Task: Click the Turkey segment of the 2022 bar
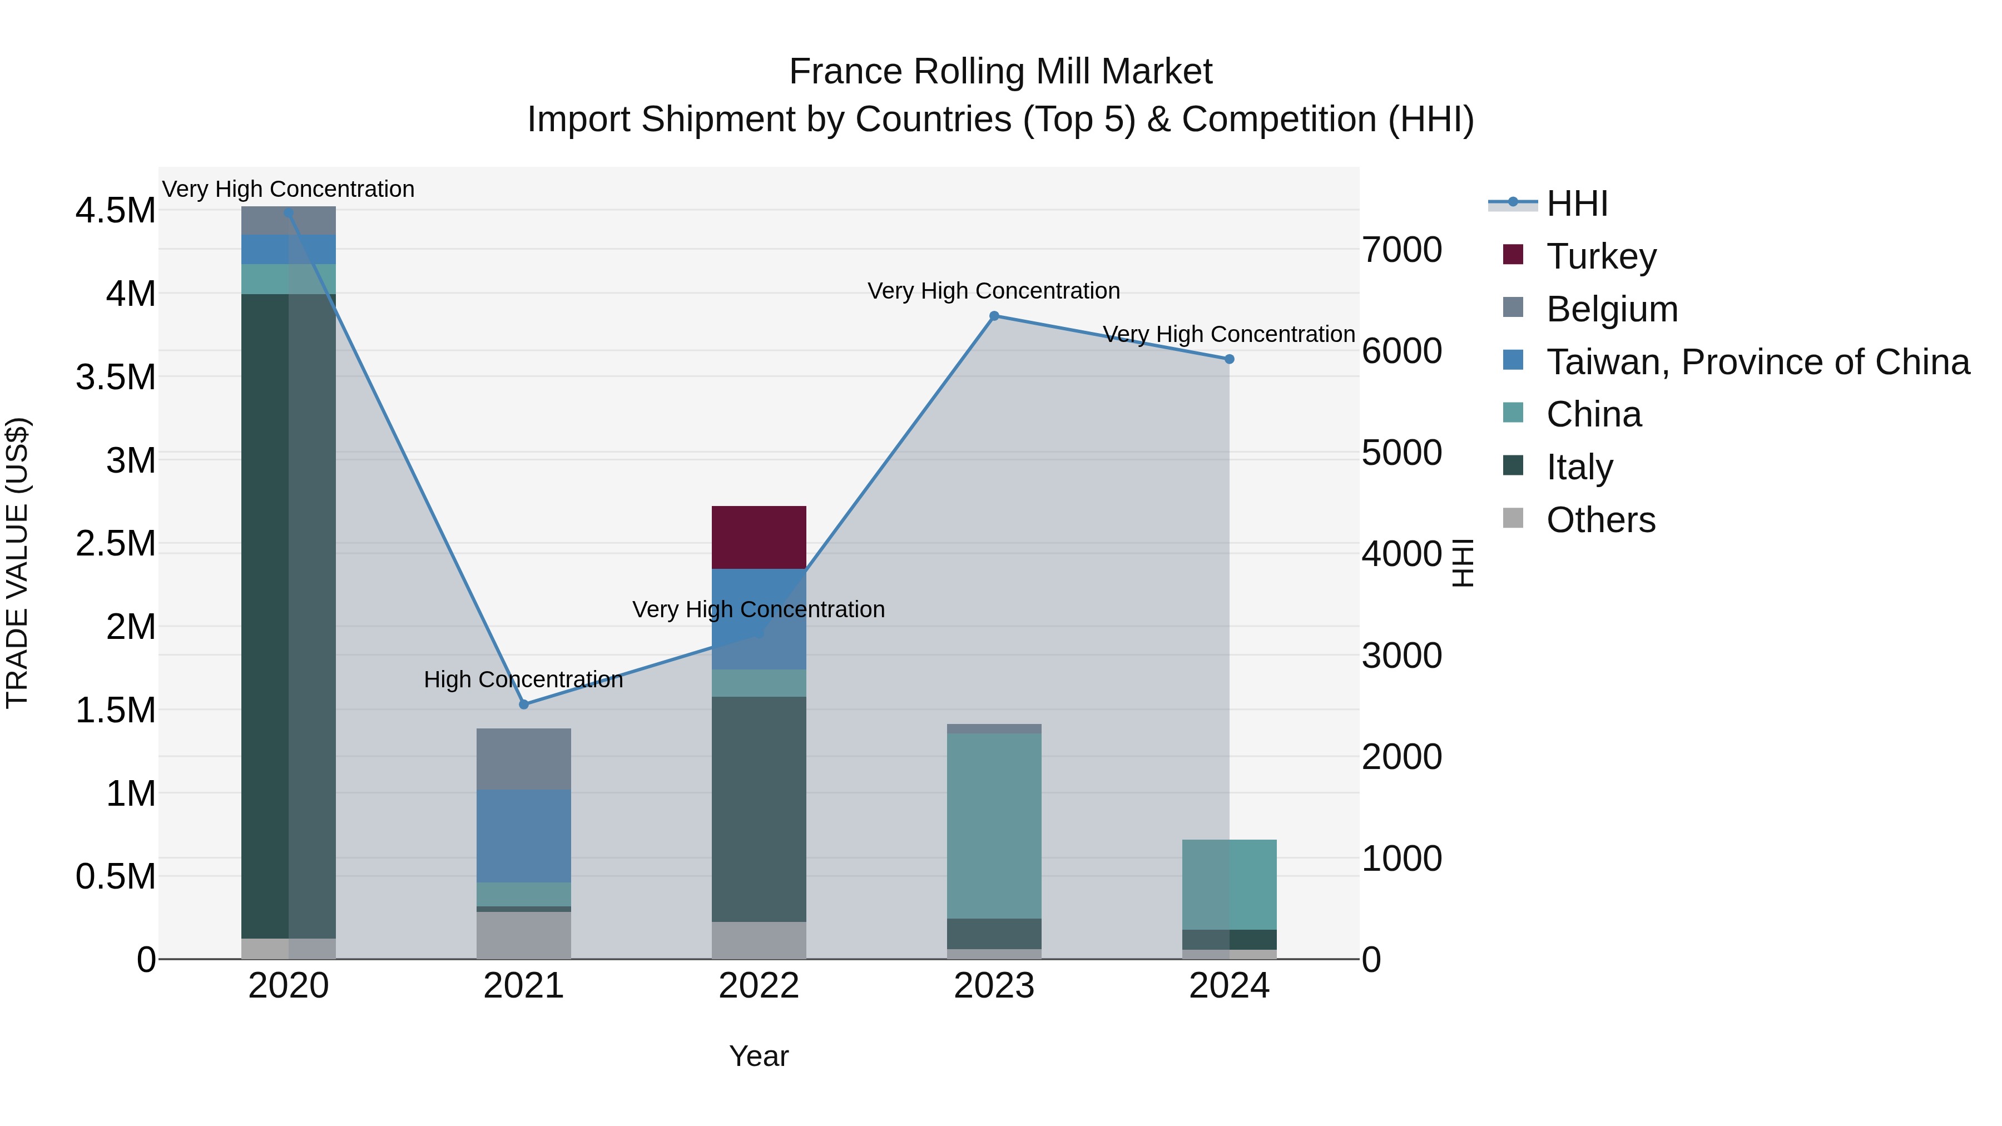point(759,537)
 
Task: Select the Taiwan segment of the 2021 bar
point(523,835)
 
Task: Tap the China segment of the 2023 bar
point(993,825)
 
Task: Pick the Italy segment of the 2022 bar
point(759,809)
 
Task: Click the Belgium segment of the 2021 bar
point(523,758)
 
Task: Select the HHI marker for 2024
point(1228,360)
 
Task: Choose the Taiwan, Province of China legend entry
point(1756,362)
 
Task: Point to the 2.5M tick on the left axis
point(115,544)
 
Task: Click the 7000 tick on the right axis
point(1401,250)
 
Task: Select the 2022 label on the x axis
point(759,986)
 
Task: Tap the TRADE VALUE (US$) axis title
point(17,563)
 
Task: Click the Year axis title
point(759,1056)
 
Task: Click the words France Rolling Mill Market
point(1000,72)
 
